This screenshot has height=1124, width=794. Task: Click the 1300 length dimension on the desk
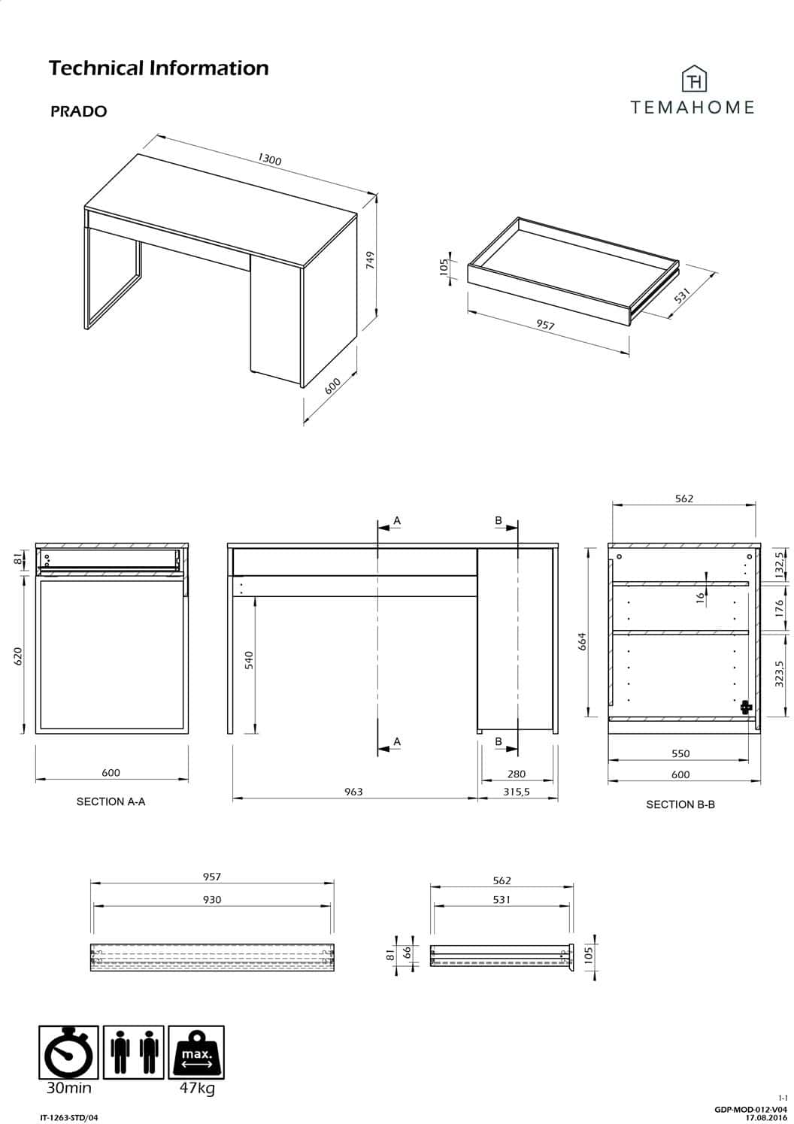pos(269,159)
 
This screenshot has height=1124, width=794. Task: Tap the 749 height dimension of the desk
pos(371,260)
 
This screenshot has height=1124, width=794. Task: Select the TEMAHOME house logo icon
pos(694,79)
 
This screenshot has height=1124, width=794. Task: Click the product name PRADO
pos(79,111)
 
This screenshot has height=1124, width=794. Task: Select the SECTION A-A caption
pos(111,802)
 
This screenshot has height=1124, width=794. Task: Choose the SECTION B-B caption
pos(680,805)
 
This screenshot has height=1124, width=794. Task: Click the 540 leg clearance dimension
pos(249,660)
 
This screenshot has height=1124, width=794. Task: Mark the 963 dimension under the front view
pos(353,792)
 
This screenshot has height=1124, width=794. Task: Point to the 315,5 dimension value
pos(517,792)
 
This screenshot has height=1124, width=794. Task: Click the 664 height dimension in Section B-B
pos(582,641)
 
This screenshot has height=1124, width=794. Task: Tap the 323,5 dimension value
pos(779,674)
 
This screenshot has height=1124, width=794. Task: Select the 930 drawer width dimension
pos(212,900)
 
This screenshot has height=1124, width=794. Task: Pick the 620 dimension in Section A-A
pos(18,656)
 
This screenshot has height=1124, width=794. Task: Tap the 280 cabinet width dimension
pos(517,774)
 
